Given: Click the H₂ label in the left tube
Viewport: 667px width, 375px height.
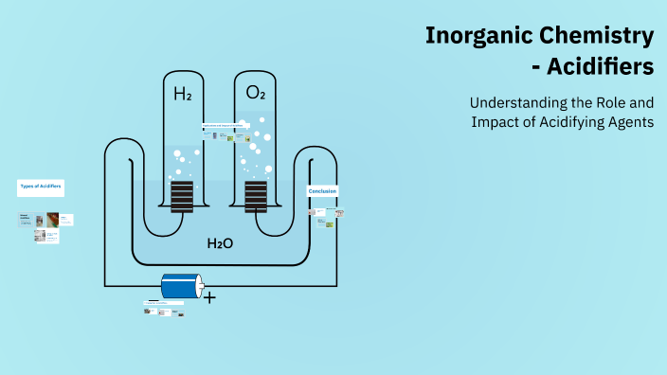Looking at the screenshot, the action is point(181,94).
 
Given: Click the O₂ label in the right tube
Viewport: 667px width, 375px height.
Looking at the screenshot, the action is point(256,93).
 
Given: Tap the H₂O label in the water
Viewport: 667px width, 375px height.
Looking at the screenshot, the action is point(220,243).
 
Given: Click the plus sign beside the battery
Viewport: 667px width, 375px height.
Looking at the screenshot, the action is point(209,298).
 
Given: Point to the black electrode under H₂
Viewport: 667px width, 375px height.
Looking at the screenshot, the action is point(181,197).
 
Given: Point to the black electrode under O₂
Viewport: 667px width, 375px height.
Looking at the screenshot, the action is point(256,197).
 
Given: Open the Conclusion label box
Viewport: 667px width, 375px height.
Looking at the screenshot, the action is point(322,191).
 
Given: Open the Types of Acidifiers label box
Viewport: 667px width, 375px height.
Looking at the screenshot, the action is point(41,187).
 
